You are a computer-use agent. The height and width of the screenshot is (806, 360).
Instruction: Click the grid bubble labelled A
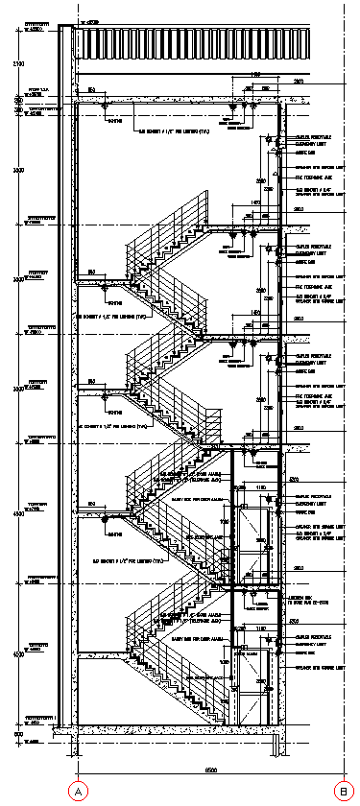[x=77, y=792]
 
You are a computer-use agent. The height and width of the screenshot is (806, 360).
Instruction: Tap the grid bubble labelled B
[x=343, y=792]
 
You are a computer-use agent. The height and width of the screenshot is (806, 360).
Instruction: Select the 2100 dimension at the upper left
[x=17, y=63]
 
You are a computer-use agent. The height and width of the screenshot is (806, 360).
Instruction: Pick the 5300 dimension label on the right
[x=294, y=479]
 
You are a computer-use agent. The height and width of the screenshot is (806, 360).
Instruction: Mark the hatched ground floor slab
[x=173, y=730]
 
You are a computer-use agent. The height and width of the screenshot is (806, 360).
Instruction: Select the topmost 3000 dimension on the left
[x=17, y=169]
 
